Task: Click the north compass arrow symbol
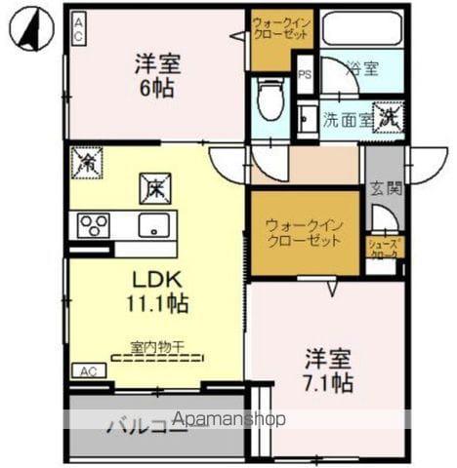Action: tap(29, 28)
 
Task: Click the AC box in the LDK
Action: tap(88, 371)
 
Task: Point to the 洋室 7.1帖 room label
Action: tap(326, 370)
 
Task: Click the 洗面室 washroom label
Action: tap(347, 121)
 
